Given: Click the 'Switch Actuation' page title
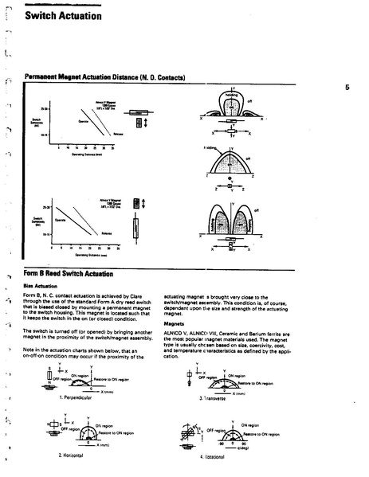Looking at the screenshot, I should pos(63,15).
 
